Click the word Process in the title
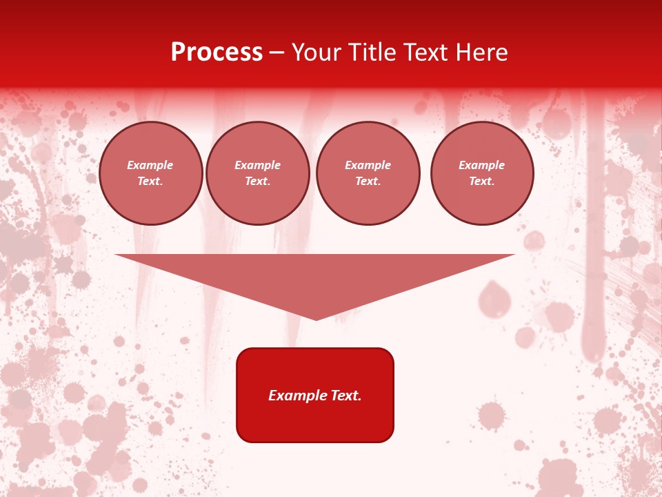pyautogui.click(x=217, y=52)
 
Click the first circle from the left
pyautogui.click(x=151, y=173)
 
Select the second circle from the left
pyautogui.click(x=258, y=173)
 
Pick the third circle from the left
pyautogui.click(x=368, y=173)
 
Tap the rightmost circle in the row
pyautogui.click(x=482, y=173)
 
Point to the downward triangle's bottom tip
pyautogui.click(x=316, y=319)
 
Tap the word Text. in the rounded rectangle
pyautogui.click(x=344, y=396)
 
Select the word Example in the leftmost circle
pyautogui.click(x=150, y=166)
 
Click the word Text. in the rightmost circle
pyautogui.click(x=482, y=182)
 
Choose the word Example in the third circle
pyautogui.click(x=368, y=166)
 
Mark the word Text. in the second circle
pyautogui.click(x=258, y=182)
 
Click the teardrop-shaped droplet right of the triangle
pyautogui.click(x=492, y=298)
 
